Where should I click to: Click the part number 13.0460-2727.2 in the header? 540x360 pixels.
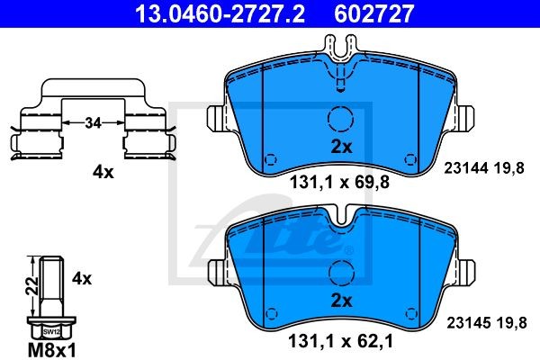(220, 13)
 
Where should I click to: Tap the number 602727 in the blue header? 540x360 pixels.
(374, 13)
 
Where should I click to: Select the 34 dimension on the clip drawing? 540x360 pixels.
(93, 122)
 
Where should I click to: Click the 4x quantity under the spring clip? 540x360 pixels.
(103, 172)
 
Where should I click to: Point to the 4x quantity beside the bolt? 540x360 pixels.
(82, 278)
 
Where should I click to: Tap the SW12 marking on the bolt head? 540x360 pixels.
(51, 332)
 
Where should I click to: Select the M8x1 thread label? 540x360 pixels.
(51, 350)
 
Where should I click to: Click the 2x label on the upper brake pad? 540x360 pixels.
(341, 147)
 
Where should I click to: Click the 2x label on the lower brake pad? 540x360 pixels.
(341, 301)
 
